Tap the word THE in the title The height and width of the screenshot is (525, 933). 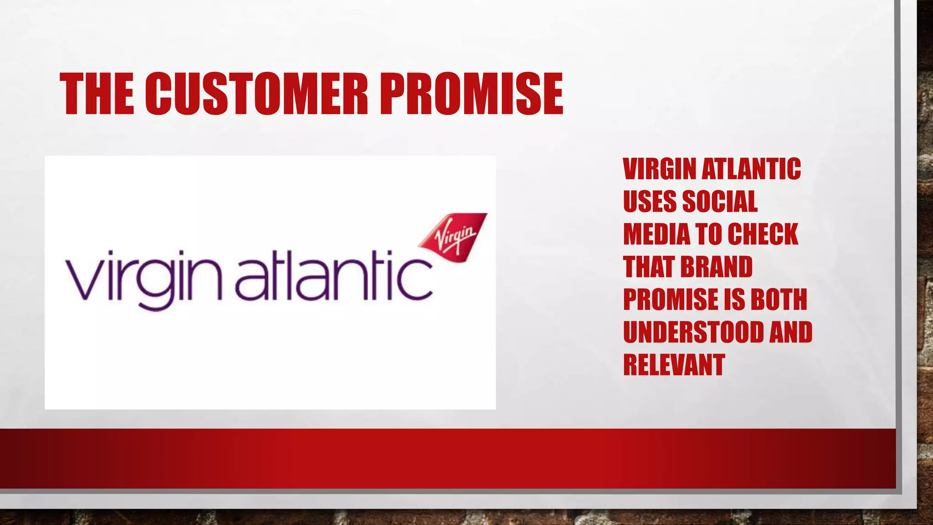coord(97,94)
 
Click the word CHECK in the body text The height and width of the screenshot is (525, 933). coord(763,234)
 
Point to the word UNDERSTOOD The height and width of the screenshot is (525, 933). coord(692,332)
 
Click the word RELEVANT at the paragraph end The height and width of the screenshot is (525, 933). coord(674,365)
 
